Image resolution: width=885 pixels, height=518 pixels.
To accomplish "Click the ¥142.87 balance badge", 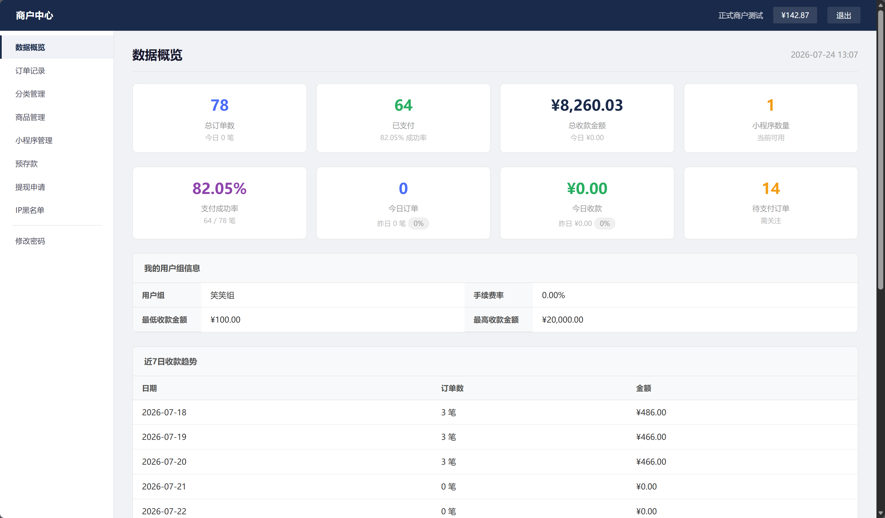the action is point(795,15).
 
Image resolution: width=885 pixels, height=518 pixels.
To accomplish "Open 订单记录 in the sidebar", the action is point(30,71).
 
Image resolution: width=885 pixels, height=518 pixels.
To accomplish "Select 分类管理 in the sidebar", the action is point(30,94).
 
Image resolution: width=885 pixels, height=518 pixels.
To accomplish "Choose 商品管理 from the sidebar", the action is point(30,117).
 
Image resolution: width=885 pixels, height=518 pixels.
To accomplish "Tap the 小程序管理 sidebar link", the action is point(34,140).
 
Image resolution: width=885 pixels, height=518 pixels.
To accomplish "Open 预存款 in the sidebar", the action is point(26,163).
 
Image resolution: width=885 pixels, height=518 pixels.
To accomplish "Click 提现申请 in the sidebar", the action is point(30,187).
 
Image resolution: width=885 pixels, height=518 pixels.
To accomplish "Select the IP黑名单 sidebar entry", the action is point(30,210).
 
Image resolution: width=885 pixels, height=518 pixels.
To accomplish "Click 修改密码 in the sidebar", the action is point(30,241).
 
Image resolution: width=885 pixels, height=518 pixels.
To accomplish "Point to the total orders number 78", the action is point(220,105).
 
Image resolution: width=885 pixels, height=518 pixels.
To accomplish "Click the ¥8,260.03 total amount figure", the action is point(587,105).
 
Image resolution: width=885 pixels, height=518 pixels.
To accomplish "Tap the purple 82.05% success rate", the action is point(220,188).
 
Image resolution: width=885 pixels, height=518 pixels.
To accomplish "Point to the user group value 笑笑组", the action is point(222,295).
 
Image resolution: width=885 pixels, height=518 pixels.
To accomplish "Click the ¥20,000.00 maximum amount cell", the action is point(562,319).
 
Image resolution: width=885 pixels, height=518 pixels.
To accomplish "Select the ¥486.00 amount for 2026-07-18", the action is point(651,412).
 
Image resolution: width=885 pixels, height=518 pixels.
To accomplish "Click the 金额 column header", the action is point(644,388).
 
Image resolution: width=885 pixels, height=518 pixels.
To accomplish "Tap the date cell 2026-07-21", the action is point(164,486).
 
